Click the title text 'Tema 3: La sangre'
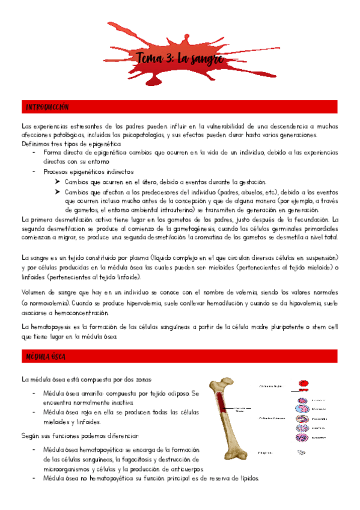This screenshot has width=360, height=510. coord(181,59)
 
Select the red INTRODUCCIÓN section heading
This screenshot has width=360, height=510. coord(47,107)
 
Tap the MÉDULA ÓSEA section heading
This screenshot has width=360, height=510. coord(46,357)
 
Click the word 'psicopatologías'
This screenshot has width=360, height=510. coord(165,135)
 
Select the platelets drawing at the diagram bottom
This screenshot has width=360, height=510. coord(302,452)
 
